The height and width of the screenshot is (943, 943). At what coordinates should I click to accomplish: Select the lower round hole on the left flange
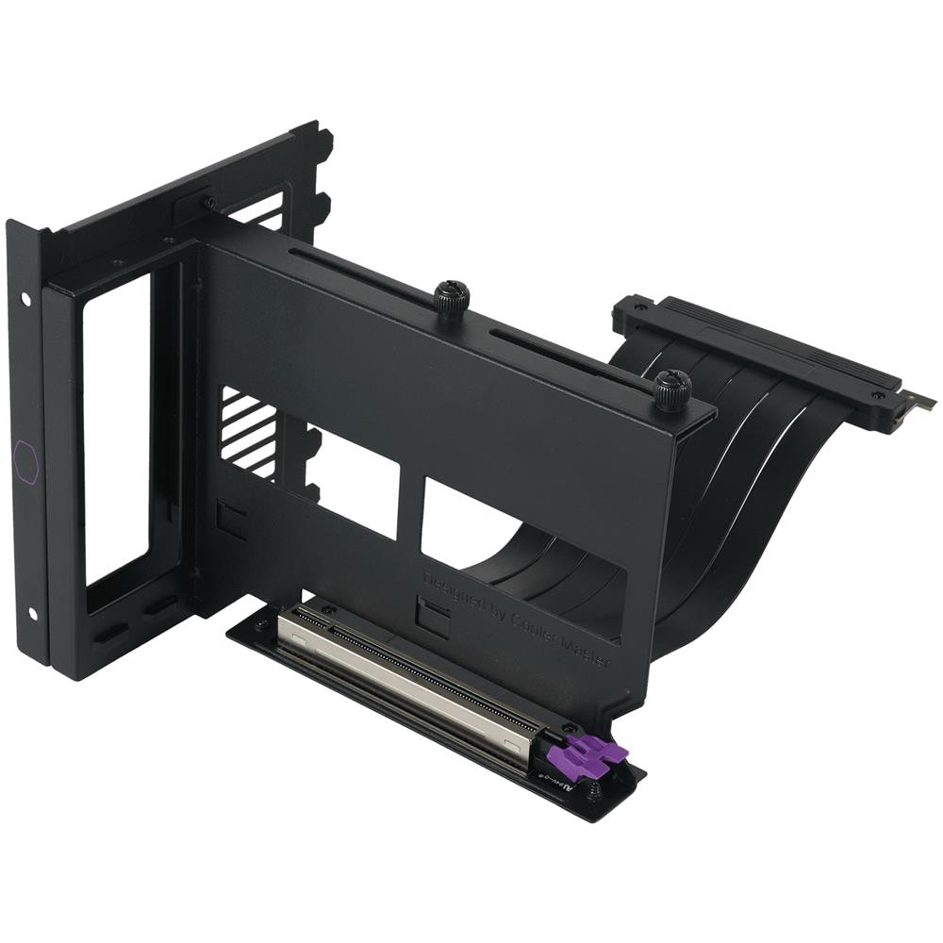33,614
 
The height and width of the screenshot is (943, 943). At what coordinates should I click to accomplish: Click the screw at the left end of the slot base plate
260,624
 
